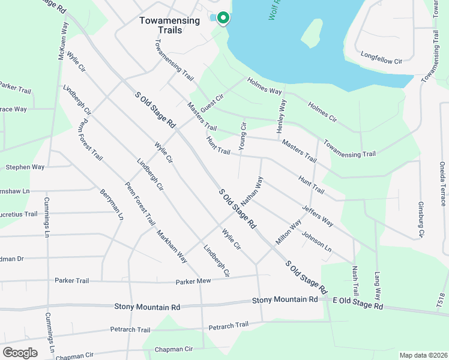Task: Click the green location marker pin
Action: [223, 18]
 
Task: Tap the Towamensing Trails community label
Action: [169, 25]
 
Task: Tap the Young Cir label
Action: [243, 136]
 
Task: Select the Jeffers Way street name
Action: [318, 215]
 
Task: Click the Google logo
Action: [20, 352]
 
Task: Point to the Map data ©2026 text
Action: [423, 355]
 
